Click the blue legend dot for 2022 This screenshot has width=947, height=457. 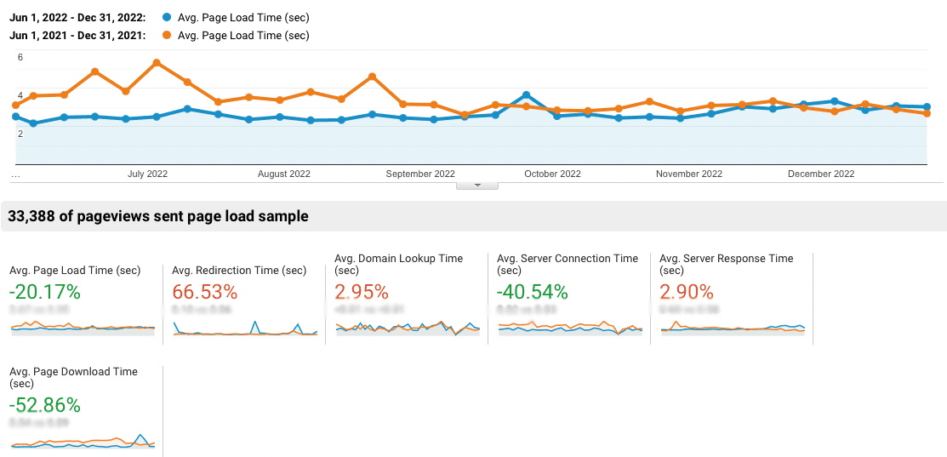[x=166, y=17]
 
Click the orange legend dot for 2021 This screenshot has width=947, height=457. [x=166, y=36]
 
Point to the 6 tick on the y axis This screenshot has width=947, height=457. [x=20, y=58]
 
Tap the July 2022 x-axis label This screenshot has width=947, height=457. [x=147, y=174]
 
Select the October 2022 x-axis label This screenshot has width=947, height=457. [x=552, y=174]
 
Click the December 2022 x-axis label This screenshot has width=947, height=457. [x=820, y=174]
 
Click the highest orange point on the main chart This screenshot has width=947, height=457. [x=157, y=63]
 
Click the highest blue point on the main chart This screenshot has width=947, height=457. [x=527, y=95]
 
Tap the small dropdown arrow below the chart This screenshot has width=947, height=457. [x=477, y=185]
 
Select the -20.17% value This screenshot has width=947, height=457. [x=44, y=292]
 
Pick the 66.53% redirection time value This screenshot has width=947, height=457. [x=204, y=292]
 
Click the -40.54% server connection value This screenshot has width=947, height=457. [x=532, y=292]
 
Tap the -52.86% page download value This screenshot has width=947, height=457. [x=44, y=404]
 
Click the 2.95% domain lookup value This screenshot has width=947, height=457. [x=362, y=292]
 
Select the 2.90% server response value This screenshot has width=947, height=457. [x=686, y=292]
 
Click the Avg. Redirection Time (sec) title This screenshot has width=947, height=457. [x=239, y=271]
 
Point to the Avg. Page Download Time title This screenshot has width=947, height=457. [x=73, y=372]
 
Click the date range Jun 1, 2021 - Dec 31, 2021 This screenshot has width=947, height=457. [x=77, y=36]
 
